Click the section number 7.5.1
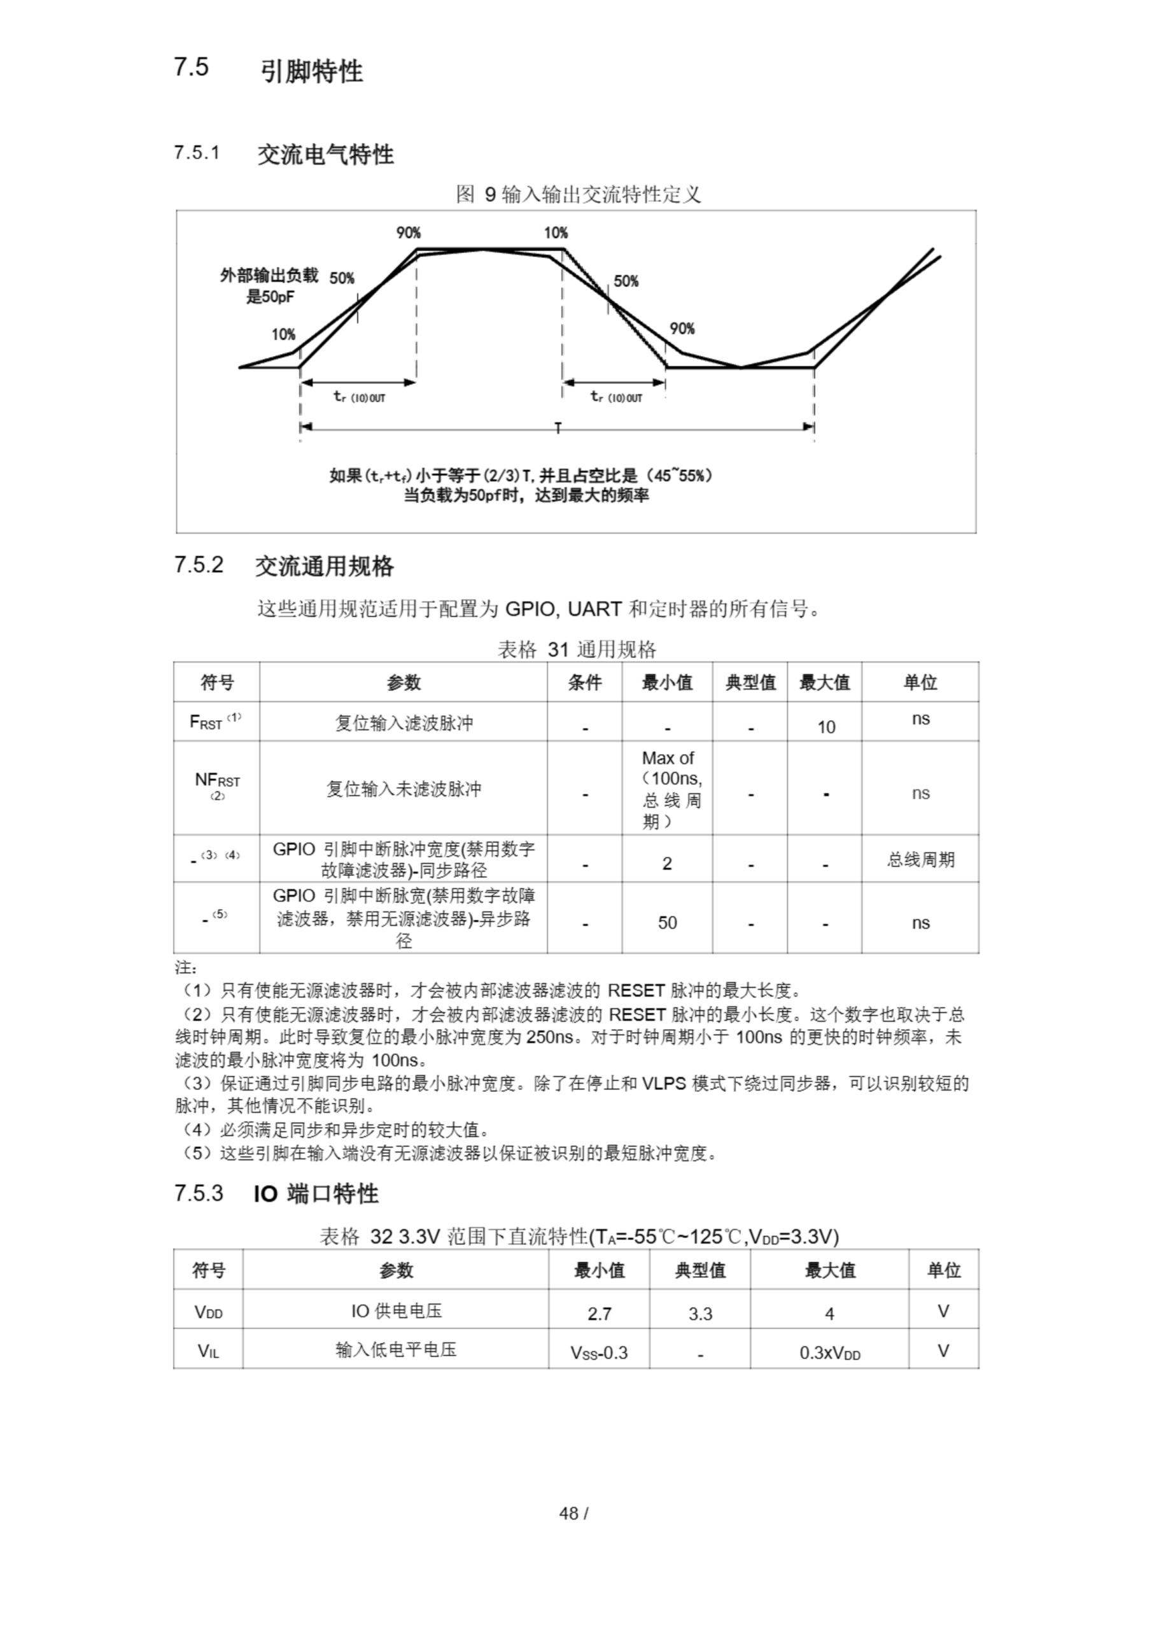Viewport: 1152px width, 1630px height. [197, 153]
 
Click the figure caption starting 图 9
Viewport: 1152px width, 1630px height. [578, 194]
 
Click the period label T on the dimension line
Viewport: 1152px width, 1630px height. [558, 428]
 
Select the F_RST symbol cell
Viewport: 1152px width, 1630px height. [216, 721]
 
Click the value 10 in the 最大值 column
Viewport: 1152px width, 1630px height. [825, 727]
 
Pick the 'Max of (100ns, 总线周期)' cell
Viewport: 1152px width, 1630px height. [667, 789]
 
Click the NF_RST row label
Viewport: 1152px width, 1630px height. [217, 785]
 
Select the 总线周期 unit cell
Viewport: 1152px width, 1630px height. [920, 860]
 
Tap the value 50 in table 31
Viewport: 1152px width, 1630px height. [667, 922]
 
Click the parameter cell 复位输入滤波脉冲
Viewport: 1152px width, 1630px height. [403, 723]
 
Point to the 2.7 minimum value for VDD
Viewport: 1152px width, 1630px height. [599, 1314]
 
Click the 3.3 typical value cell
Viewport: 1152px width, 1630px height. [700, 1314]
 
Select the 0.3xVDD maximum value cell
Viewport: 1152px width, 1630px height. [829, 1352]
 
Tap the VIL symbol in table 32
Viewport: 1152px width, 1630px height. [208, 1351]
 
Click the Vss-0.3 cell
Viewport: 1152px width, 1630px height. [599, 1352]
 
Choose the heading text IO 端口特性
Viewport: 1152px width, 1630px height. [316, 1194]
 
